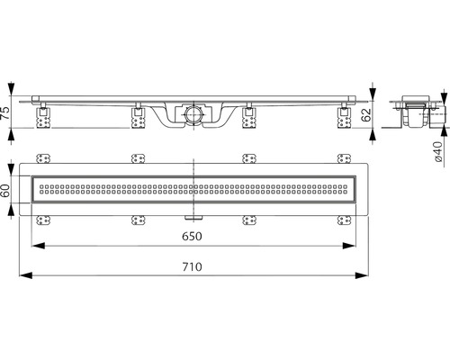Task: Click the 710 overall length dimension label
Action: coord(193,266)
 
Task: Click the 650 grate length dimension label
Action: coord(193,237)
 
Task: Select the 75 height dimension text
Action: coord(5,112)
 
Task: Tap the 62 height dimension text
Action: coord(366,115)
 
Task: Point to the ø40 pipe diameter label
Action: coord(438,151)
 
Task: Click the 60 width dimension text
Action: coord(5,190)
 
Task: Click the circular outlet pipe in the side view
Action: coord(193,114)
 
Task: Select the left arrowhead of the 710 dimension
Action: coord(25,275)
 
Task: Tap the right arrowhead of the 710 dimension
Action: coord(362,275)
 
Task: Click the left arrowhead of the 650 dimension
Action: coord(39,246)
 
